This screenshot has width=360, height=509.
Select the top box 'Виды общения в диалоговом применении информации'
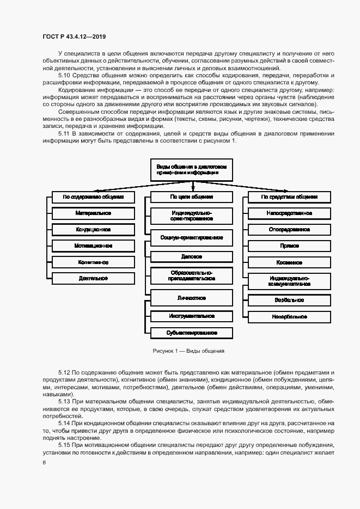click(191, 169)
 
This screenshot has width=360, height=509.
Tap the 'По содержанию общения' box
click(93, 197)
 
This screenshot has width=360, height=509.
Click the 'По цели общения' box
click(191, 197)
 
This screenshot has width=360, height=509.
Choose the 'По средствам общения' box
click(289, 197)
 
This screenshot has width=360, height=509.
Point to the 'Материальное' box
click(93, 213)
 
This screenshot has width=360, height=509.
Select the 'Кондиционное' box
click(93, 229)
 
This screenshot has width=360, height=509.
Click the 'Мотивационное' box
click(93, 246)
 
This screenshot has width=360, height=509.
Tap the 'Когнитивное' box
click(93, 262)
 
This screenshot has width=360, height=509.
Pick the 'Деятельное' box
click(93, 278)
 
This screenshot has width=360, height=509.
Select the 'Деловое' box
click(191, 256)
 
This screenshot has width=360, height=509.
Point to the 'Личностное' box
click(191, 298)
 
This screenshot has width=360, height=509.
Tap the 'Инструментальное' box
click(191, 316)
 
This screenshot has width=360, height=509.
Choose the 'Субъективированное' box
click(191, 333)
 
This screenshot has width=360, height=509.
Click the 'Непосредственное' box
click(289, 213)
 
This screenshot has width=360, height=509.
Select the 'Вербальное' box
click(289, 299)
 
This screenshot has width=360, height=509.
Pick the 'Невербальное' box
click(289, 316)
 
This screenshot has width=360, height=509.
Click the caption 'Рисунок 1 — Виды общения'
click(188, 351)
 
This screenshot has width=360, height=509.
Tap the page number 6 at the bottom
click(44, 462)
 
